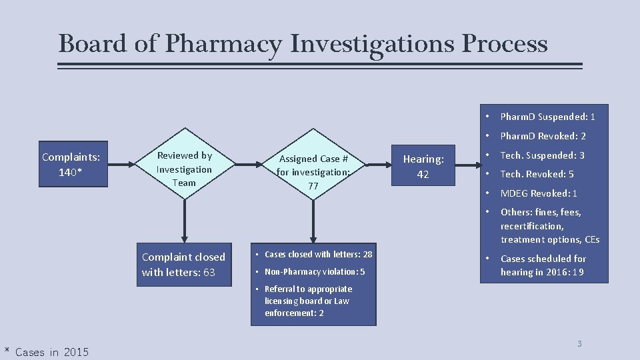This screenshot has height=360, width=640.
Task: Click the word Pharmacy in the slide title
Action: (x=224, y=44)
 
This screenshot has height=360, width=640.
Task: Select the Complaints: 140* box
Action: (x=71, y=164)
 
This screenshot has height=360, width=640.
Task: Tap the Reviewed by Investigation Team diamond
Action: (x=184, y=169)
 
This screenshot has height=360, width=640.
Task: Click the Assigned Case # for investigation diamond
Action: (x=313, y=171)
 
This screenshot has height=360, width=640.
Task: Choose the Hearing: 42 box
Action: (x=423, y=166)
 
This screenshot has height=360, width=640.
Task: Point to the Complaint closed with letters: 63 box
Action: (x=184, y=265)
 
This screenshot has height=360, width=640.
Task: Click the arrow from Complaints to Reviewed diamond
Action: (x=119, y=163)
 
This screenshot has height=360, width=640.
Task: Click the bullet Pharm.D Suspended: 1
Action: (x=547, y=117)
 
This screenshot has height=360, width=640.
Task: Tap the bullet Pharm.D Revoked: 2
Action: (x=543, y=136)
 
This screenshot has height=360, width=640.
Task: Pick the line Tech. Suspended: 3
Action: (x=542, y=155)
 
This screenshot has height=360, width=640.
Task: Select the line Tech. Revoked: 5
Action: (x=537, y=174)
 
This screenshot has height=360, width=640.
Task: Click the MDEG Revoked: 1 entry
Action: (x=539, y=193)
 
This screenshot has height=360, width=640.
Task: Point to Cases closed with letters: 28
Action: (x=318, y=255)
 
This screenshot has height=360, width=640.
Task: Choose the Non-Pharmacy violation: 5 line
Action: (x=315, y=272)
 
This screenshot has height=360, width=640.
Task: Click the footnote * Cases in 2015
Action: (x=46, y=352)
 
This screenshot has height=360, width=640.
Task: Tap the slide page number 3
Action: (x=579, y=344)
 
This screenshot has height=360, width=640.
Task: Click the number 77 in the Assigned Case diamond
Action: (x=313, y=187)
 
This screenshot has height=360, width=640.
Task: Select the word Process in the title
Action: (x=504, y=44)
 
